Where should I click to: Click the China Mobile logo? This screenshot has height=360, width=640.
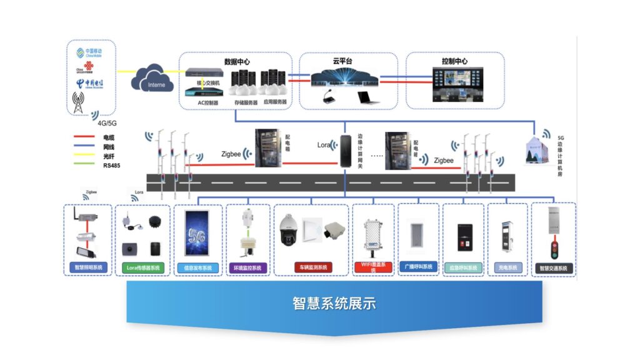(88, 53)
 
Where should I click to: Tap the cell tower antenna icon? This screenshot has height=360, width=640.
(78, 103)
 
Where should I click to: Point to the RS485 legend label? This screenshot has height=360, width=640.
(112, 166)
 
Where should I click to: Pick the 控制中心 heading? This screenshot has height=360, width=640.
(454, 61)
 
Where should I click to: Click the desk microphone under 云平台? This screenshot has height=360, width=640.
(330, 97)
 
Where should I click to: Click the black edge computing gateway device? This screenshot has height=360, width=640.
(344, 152)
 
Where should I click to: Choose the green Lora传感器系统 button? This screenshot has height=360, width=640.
(143, 267)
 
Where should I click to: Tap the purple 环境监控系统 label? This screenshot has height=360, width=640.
(247, 267)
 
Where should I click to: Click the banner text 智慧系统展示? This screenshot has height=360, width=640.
(334, 304)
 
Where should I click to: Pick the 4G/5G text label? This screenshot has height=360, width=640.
(107, 123)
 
